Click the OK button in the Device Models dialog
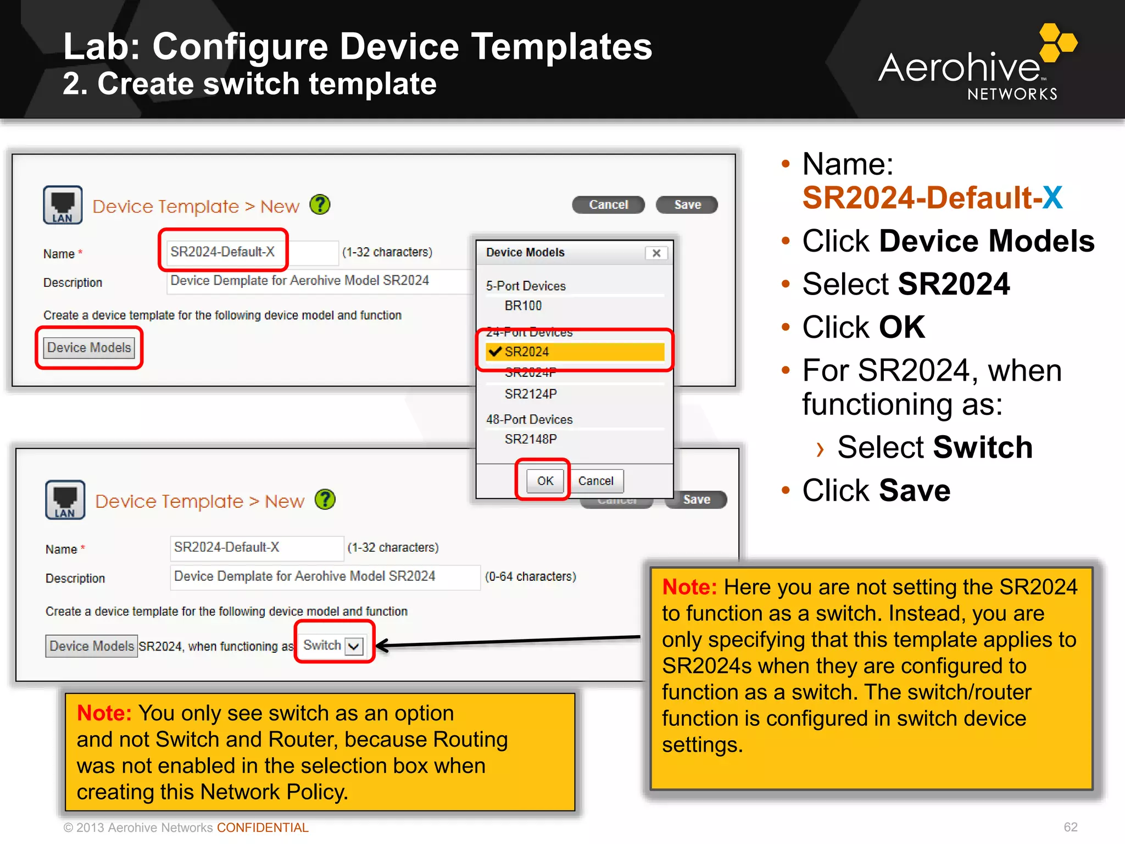[x=545, y=481]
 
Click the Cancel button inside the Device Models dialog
[x=595, y=481]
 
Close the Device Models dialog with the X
[x=656, y=253]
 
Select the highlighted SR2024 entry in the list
[x=575, y=352]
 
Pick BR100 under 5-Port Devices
[x=523, y=306]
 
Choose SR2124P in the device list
[x=531, y=394]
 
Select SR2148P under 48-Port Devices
[x=531, y=439]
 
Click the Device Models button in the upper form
[x=89, y=348]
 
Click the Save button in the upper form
[x=687, y=205]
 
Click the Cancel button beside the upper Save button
[x=608, y=205]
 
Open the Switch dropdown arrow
[x=354, y=646]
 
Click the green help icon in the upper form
[x=320, y=205]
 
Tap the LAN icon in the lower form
[x=65, y=499]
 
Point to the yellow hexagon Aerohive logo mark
[x=1057, y=43]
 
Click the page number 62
[x=1070, y=827]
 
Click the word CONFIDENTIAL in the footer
[x=263, y=828]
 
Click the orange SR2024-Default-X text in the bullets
[x=932, y=198]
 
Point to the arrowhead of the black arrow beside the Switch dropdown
[x=381, y=646]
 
